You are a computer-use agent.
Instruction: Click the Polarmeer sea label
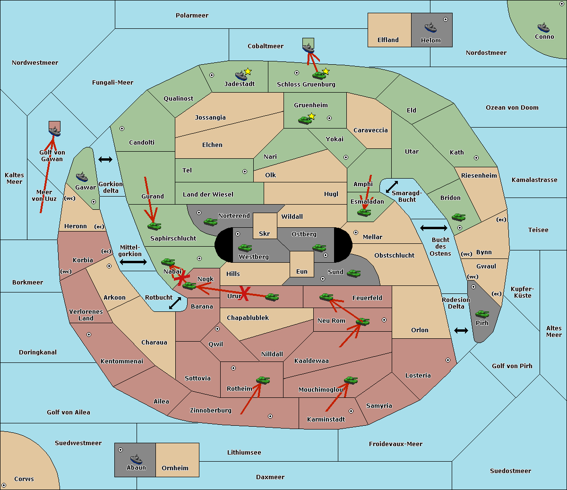tap(192, 16)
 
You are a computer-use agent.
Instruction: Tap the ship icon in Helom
tap(430, 27)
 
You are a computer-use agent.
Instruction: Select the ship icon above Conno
tap(543, 28)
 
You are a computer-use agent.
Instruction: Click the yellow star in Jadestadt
tap(248, 71)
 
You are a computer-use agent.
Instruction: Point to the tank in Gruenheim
tap(305, 120)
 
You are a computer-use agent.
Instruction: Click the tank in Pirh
tap(482, 314)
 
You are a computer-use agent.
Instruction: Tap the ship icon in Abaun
tap(136, 459)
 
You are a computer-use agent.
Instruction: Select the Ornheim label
tap(175, 468)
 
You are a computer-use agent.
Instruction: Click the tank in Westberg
tap(245, 248)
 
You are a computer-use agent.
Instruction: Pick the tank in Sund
tap(353, 274)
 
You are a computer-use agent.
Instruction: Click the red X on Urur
tap(244, 294)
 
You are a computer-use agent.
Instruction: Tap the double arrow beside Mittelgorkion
tap(133, 262)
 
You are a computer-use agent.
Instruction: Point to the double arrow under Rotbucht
tap(175, 303)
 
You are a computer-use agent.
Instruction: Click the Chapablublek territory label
tap(248, 318)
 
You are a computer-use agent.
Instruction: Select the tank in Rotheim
tap(263, 380)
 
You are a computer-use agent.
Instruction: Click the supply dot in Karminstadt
tap(351, 411)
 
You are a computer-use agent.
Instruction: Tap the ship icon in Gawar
tap(82, 177)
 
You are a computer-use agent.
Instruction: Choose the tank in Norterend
tap(210, 222)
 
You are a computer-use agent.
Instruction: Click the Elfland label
tap(388, 40)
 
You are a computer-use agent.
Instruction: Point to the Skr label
tap(265, 233)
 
